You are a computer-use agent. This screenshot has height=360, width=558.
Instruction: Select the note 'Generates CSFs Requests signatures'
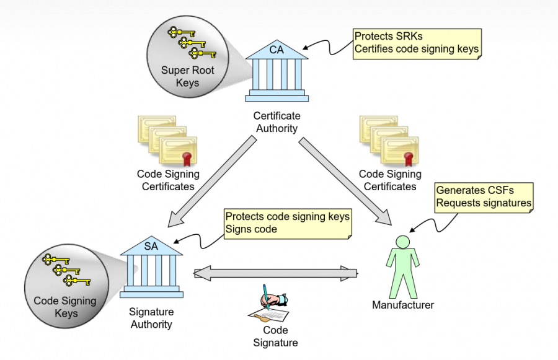pos(484,196)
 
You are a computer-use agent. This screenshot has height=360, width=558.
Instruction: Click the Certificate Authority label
pos(277,122)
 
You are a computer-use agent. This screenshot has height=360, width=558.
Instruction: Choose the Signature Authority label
pos(151,318)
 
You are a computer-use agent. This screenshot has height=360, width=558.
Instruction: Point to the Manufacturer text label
pos(403,305)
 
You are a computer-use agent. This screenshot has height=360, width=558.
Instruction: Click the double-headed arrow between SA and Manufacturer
pos(276,273)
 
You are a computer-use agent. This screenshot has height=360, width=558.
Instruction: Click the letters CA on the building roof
pos(277,50)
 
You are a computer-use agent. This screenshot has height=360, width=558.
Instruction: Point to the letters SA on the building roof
pos(151,245)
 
